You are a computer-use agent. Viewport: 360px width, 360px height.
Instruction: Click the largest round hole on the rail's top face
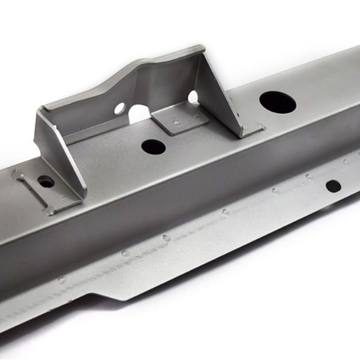point(278,102)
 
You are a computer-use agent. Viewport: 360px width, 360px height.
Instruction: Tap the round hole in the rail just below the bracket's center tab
point(153,146)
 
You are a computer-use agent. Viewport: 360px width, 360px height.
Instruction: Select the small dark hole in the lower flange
point(333,186)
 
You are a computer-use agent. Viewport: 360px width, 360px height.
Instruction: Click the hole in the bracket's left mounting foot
point(46,181)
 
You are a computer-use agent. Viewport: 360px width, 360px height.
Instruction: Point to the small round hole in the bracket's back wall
point(119,109)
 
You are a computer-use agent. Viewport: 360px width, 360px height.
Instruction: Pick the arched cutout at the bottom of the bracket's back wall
point(139,114)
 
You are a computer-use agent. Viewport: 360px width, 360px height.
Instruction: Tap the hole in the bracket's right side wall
point(193,97)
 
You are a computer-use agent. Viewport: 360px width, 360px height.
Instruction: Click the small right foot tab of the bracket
point(254,128)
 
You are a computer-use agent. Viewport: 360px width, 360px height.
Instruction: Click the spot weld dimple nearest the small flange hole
point(308,176)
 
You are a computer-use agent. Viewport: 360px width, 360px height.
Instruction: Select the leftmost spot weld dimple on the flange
point(61,280)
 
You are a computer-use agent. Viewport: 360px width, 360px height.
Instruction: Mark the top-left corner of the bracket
point(41,109)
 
